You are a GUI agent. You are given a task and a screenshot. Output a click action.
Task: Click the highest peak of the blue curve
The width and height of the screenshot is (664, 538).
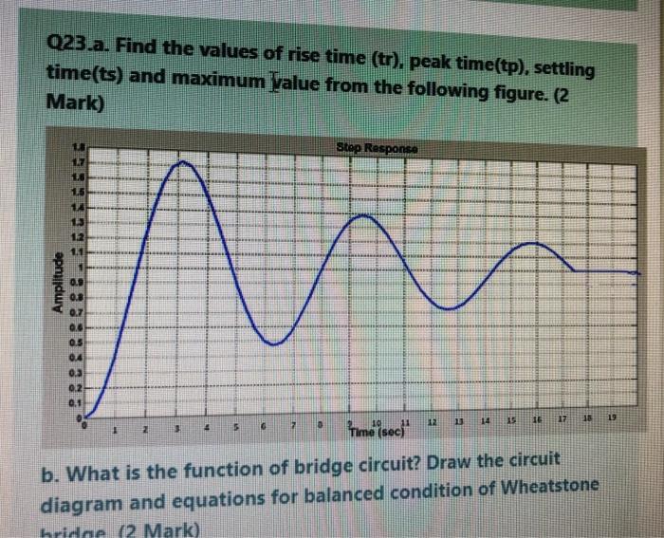tap(186, 162)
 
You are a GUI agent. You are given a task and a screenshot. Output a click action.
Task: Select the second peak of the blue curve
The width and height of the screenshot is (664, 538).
tap(363, 216)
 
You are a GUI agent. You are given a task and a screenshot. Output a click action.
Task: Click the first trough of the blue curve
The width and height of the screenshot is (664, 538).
tap(273, 343)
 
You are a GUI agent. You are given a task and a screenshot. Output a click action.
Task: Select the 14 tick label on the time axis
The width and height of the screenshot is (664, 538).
tap(486, 417)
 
